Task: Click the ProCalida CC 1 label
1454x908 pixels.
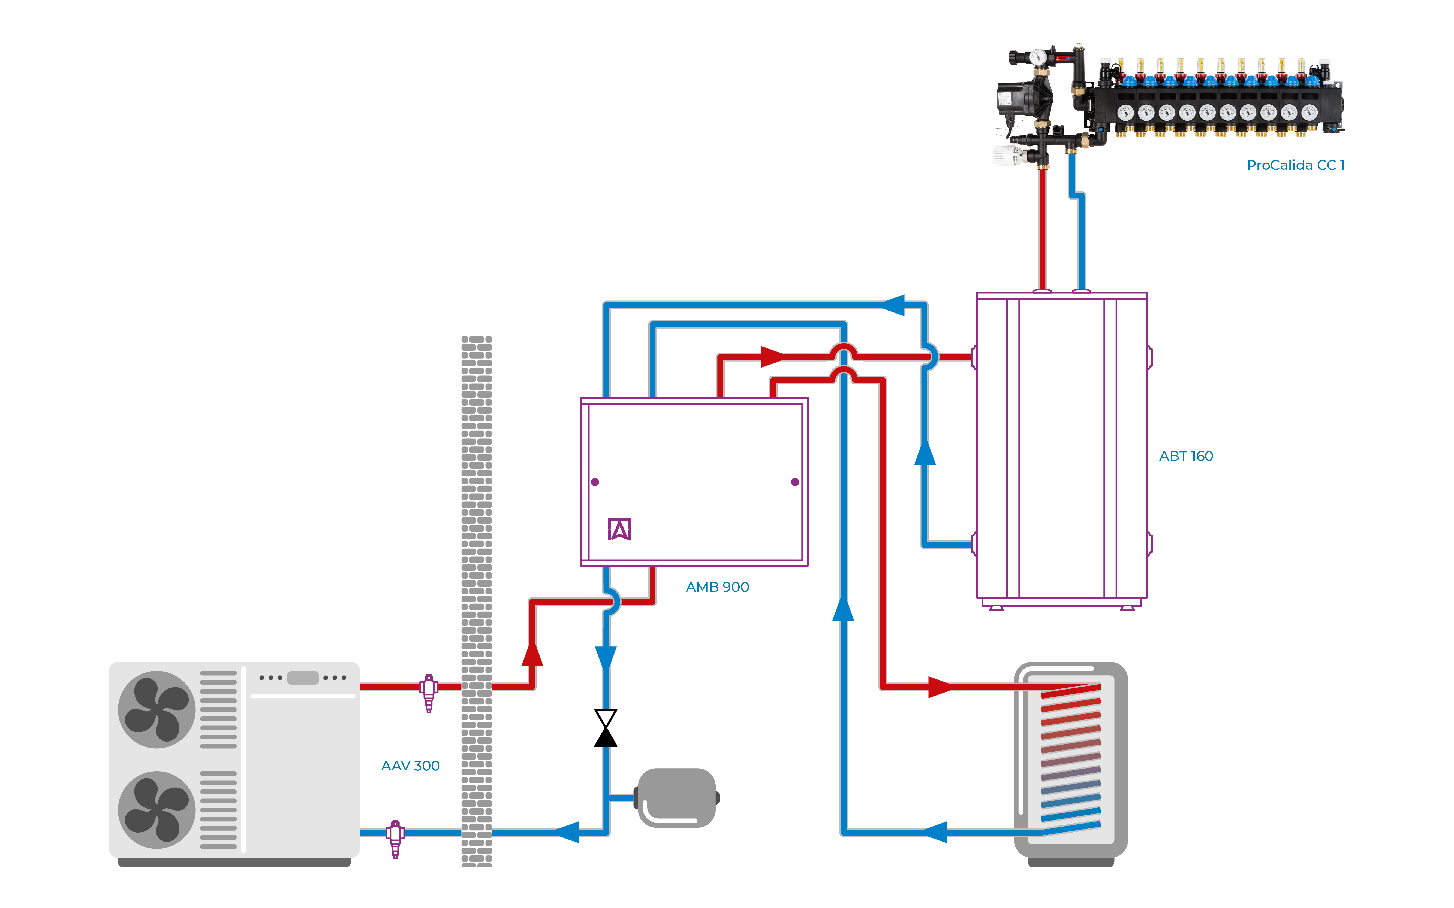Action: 1295,165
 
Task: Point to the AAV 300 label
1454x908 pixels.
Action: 410,766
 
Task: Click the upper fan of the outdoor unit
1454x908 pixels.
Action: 156,709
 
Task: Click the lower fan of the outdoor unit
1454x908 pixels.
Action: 156,809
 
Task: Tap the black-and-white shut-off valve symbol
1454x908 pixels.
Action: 606,728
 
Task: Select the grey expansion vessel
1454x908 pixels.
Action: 676,797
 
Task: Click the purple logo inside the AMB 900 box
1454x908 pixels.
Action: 619,529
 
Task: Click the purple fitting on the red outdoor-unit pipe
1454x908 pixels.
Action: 428,692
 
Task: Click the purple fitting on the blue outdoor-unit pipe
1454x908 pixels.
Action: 395,838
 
